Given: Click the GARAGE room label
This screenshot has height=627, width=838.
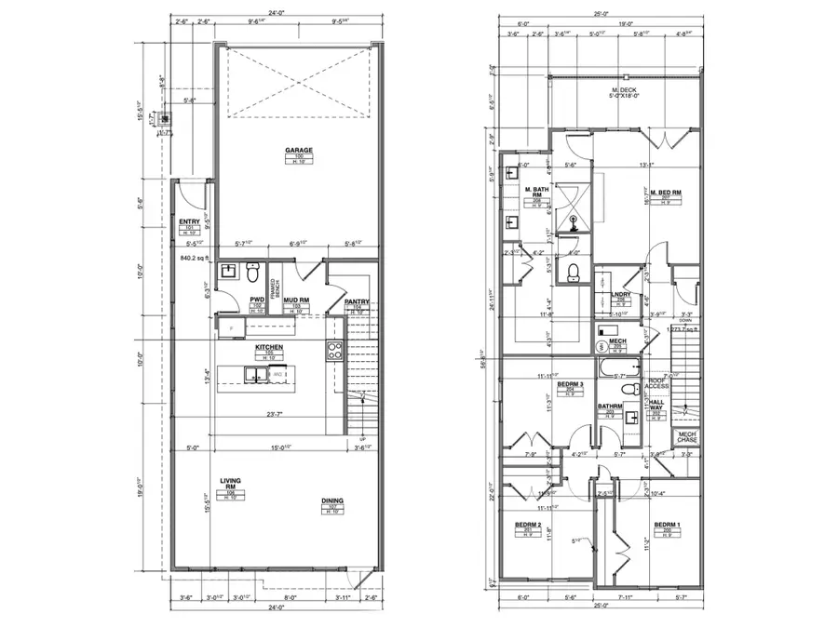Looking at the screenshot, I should [299, 150].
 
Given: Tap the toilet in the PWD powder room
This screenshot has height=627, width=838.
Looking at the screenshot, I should [251, 273].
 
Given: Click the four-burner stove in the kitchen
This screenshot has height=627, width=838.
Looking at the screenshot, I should [335, 352].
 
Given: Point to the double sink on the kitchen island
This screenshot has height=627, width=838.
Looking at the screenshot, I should [254, 375].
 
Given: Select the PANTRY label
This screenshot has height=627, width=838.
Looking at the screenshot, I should [357, 302].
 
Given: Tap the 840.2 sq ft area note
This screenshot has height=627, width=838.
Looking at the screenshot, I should [197, 258].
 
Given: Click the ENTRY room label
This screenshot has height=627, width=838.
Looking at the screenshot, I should [190, 222].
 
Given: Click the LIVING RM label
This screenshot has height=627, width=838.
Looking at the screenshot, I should [230, 485].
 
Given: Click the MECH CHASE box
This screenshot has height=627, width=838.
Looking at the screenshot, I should [686, 437].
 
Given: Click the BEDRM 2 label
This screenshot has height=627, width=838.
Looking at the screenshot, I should [528, 526].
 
